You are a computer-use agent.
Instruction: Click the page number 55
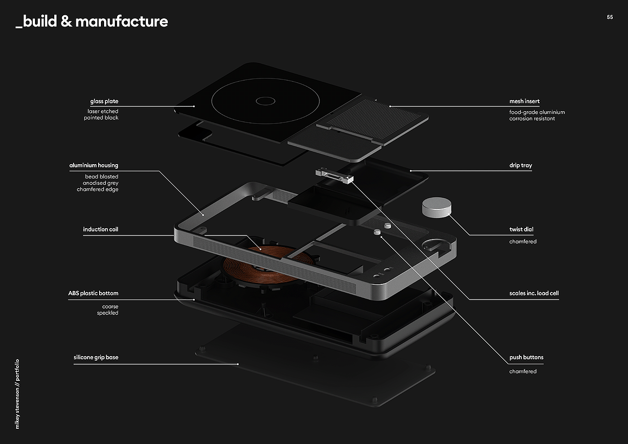[x=610, y=17]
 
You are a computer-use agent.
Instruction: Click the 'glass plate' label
[x=104, y=101]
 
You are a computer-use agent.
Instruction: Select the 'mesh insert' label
[x=524, y=101]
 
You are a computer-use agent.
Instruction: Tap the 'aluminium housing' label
[x=94, y=165]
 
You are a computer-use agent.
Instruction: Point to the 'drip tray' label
[x=520, y=165]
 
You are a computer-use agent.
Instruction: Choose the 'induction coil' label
[x=100, y=230]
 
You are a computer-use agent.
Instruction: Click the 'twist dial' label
[x=521, y=230]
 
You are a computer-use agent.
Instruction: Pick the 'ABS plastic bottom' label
[x=93, y=293]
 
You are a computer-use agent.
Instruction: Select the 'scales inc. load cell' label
[x=534, y=293]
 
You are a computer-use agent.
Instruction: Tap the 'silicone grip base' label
[x=96, y=357]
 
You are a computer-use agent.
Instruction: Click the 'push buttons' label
[x=526, y=357]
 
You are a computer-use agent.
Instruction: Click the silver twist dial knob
[x=436, y=207]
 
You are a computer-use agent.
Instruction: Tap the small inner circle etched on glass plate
[x=266, y=101]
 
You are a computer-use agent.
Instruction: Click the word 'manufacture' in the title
[x=122, y=21]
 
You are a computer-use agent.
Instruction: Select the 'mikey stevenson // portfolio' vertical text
[x=17, y=394]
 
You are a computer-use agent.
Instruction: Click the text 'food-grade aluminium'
[x=537, y=112]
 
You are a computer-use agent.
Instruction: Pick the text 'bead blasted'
[x=102, y=177]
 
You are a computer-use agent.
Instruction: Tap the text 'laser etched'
[x=103, y=111]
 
